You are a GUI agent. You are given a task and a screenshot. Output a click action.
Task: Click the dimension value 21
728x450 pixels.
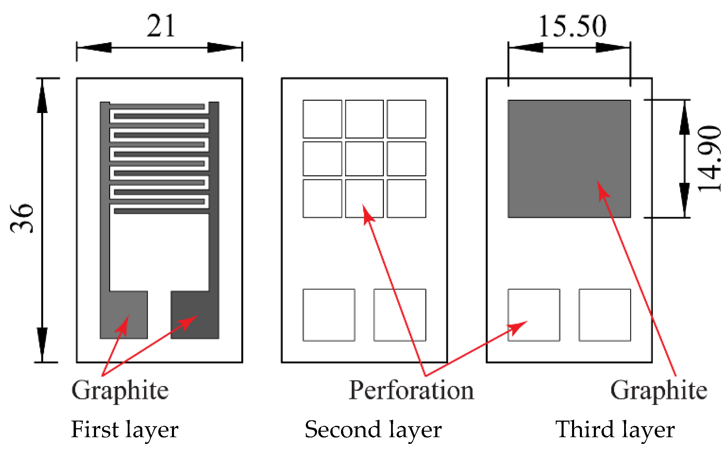coord(161,26)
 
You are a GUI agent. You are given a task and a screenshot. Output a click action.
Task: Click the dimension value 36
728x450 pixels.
coord(22,218)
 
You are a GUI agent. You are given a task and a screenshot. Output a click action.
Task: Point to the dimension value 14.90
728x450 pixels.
coord(709,159)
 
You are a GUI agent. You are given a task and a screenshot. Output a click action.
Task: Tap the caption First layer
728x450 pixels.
coord(125,429)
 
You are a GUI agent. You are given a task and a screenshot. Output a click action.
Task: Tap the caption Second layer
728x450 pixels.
coord(373,429)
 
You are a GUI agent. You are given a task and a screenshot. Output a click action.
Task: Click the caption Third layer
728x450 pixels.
coord(615,429)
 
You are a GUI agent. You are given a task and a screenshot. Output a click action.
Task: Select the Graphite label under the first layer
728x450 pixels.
coord(120,391)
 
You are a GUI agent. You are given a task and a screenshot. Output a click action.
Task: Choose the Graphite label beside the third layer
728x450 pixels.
coord(659,391)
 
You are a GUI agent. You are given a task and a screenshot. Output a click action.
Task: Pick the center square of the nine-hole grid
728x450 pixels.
coord(364,159)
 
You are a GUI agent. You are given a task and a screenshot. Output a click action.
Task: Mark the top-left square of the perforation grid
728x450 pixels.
coord(322,119)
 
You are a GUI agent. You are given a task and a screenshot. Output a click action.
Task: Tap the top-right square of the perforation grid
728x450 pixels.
coord(406,119)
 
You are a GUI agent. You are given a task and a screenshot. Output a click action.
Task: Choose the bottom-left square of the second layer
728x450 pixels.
coord(329,315)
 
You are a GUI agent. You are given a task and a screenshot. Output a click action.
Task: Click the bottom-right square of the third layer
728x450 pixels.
coord(605,315)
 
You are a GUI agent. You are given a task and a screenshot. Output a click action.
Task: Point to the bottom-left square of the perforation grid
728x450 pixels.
coord(322,199)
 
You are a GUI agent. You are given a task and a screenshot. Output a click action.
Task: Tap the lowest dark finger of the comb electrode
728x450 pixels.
coord(161,211)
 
